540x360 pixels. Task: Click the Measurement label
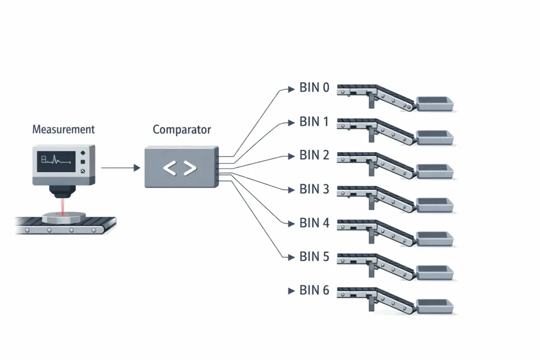tap(63, 129)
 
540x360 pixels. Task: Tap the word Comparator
tap(181, 129)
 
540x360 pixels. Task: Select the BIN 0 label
tap(314, 88)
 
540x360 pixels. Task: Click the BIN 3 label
tap(314, 189)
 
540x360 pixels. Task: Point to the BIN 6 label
tap(314, 290)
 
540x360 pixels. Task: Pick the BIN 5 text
tap(314, 256)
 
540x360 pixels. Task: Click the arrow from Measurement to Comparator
tap(120, 168)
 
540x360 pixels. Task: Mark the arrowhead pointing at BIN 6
tap(290, 291)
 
